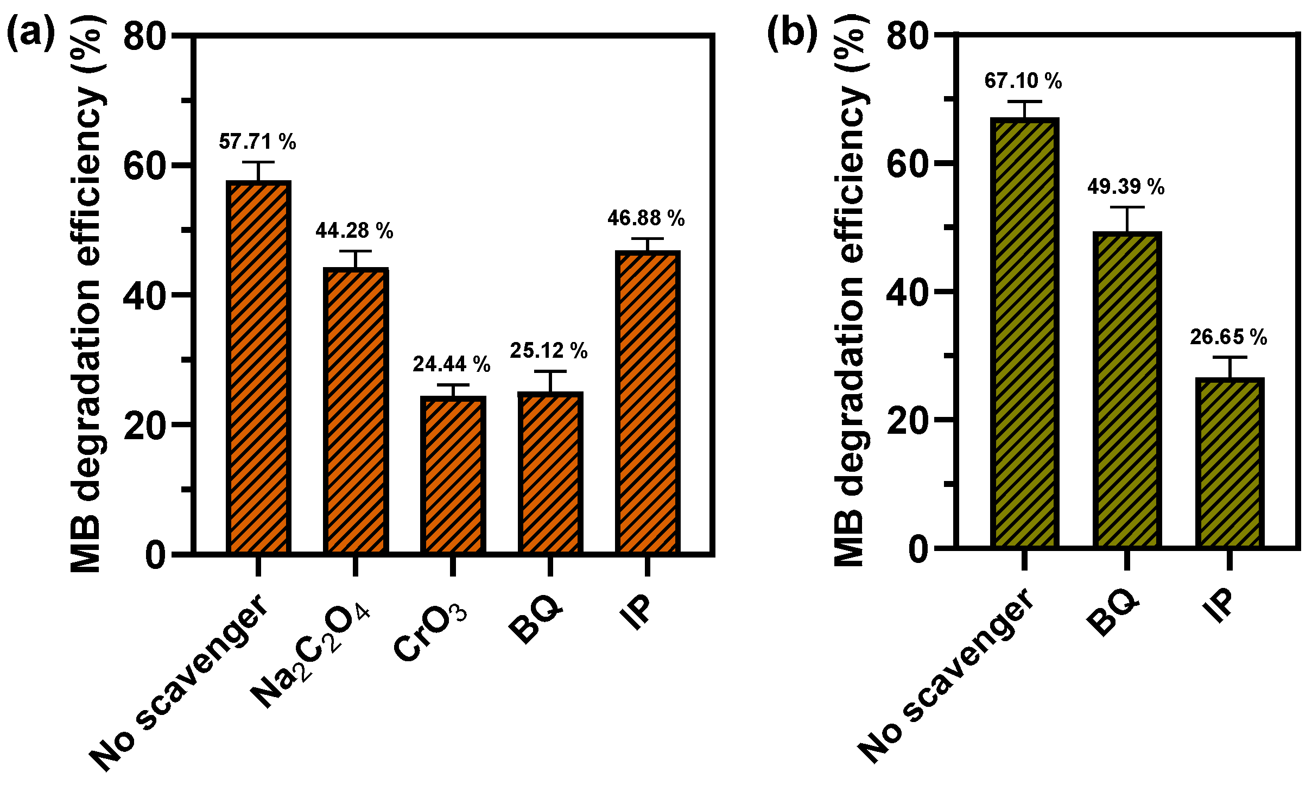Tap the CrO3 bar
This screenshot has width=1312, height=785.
[453, 475]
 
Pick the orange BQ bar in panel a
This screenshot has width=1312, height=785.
[550, 473]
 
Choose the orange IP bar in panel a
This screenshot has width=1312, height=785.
[647, 402]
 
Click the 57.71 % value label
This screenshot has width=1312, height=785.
[257, 142]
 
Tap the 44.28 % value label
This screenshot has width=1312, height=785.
[354, 231]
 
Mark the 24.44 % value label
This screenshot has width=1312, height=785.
[452, 364]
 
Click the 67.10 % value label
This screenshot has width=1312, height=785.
[1023, 81]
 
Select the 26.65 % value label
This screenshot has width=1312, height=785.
[1228, 337]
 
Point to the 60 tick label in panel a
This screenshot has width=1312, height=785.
[144, 166]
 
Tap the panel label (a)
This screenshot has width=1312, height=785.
[31, 34]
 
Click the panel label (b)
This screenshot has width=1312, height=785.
[792, 34]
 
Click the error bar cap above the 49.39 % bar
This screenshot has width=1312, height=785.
[1127, 207]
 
